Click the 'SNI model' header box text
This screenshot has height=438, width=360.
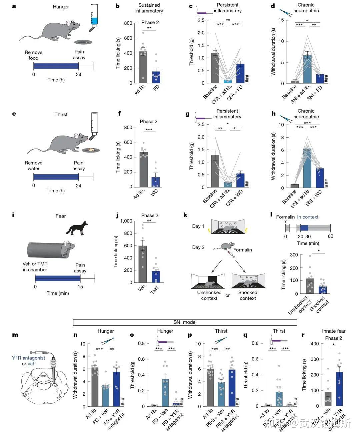coord(185,322)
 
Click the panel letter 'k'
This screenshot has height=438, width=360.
coord(186,216)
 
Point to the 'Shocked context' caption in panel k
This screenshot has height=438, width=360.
coord(248,295)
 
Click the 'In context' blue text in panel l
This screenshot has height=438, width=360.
coord(308,217)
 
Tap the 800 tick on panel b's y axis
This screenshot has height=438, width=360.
coord(128,23)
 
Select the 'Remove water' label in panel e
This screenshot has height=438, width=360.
coord(33,166)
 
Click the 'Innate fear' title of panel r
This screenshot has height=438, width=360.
coord(334,331)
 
